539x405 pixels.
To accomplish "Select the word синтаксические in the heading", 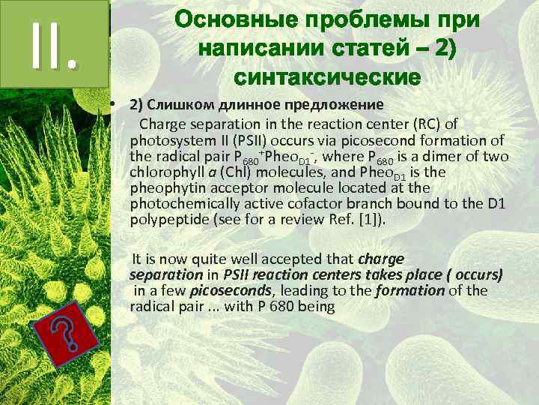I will (327, 77).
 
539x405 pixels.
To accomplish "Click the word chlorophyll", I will (165, 173).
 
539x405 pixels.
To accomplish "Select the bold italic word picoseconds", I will (220, 291).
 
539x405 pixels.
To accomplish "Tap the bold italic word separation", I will (160, 275).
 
